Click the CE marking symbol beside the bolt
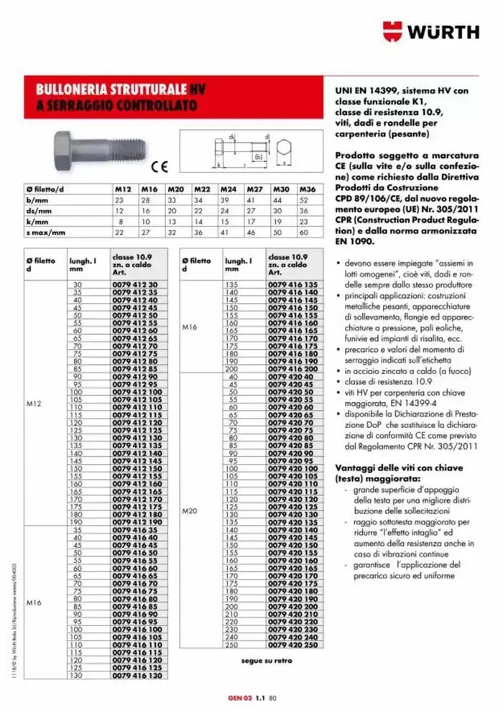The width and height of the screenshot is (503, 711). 160,167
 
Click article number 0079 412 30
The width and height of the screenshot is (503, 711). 134,285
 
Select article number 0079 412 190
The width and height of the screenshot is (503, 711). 137,522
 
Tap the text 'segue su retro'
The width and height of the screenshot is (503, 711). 267,661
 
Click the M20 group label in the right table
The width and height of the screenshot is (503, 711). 190,511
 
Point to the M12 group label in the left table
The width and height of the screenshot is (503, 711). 34,404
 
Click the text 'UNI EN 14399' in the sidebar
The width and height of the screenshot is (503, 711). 366,91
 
